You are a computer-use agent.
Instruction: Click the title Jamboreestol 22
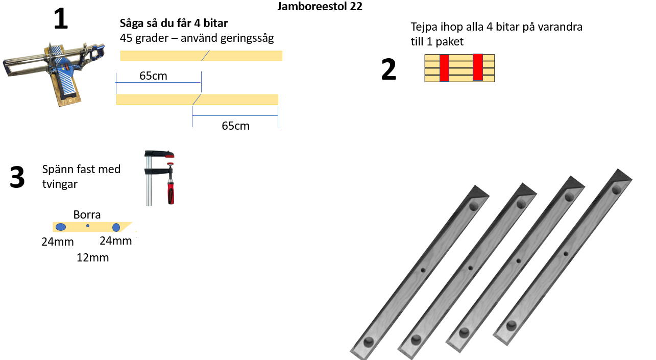(320, 7)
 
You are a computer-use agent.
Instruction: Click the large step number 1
(61, 19)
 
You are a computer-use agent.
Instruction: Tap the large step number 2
(388, 70)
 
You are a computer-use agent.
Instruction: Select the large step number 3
(17, 178)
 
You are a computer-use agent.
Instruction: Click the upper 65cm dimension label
(153, 76)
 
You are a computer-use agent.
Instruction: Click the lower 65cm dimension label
(235, 126)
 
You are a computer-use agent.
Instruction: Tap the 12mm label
(92, 258)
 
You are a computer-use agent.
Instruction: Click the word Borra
(87, 214)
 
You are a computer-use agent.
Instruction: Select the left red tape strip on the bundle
(444, 68)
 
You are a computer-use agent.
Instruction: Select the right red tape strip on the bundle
(478, 67)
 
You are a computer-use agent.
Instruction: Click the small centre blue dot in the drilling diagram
(88, 226)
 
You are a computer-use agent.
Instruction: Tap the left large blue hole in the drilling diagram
(61, 227)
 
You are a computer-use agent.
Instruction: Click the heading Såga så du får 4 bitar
(174, 23)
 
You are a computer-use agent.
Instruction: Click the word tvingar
(60, 184)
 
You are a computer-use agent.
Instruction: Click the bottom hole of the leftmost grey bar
(368, 342)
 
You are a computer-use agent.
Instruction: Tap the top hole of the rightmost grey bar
(617, 190)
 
